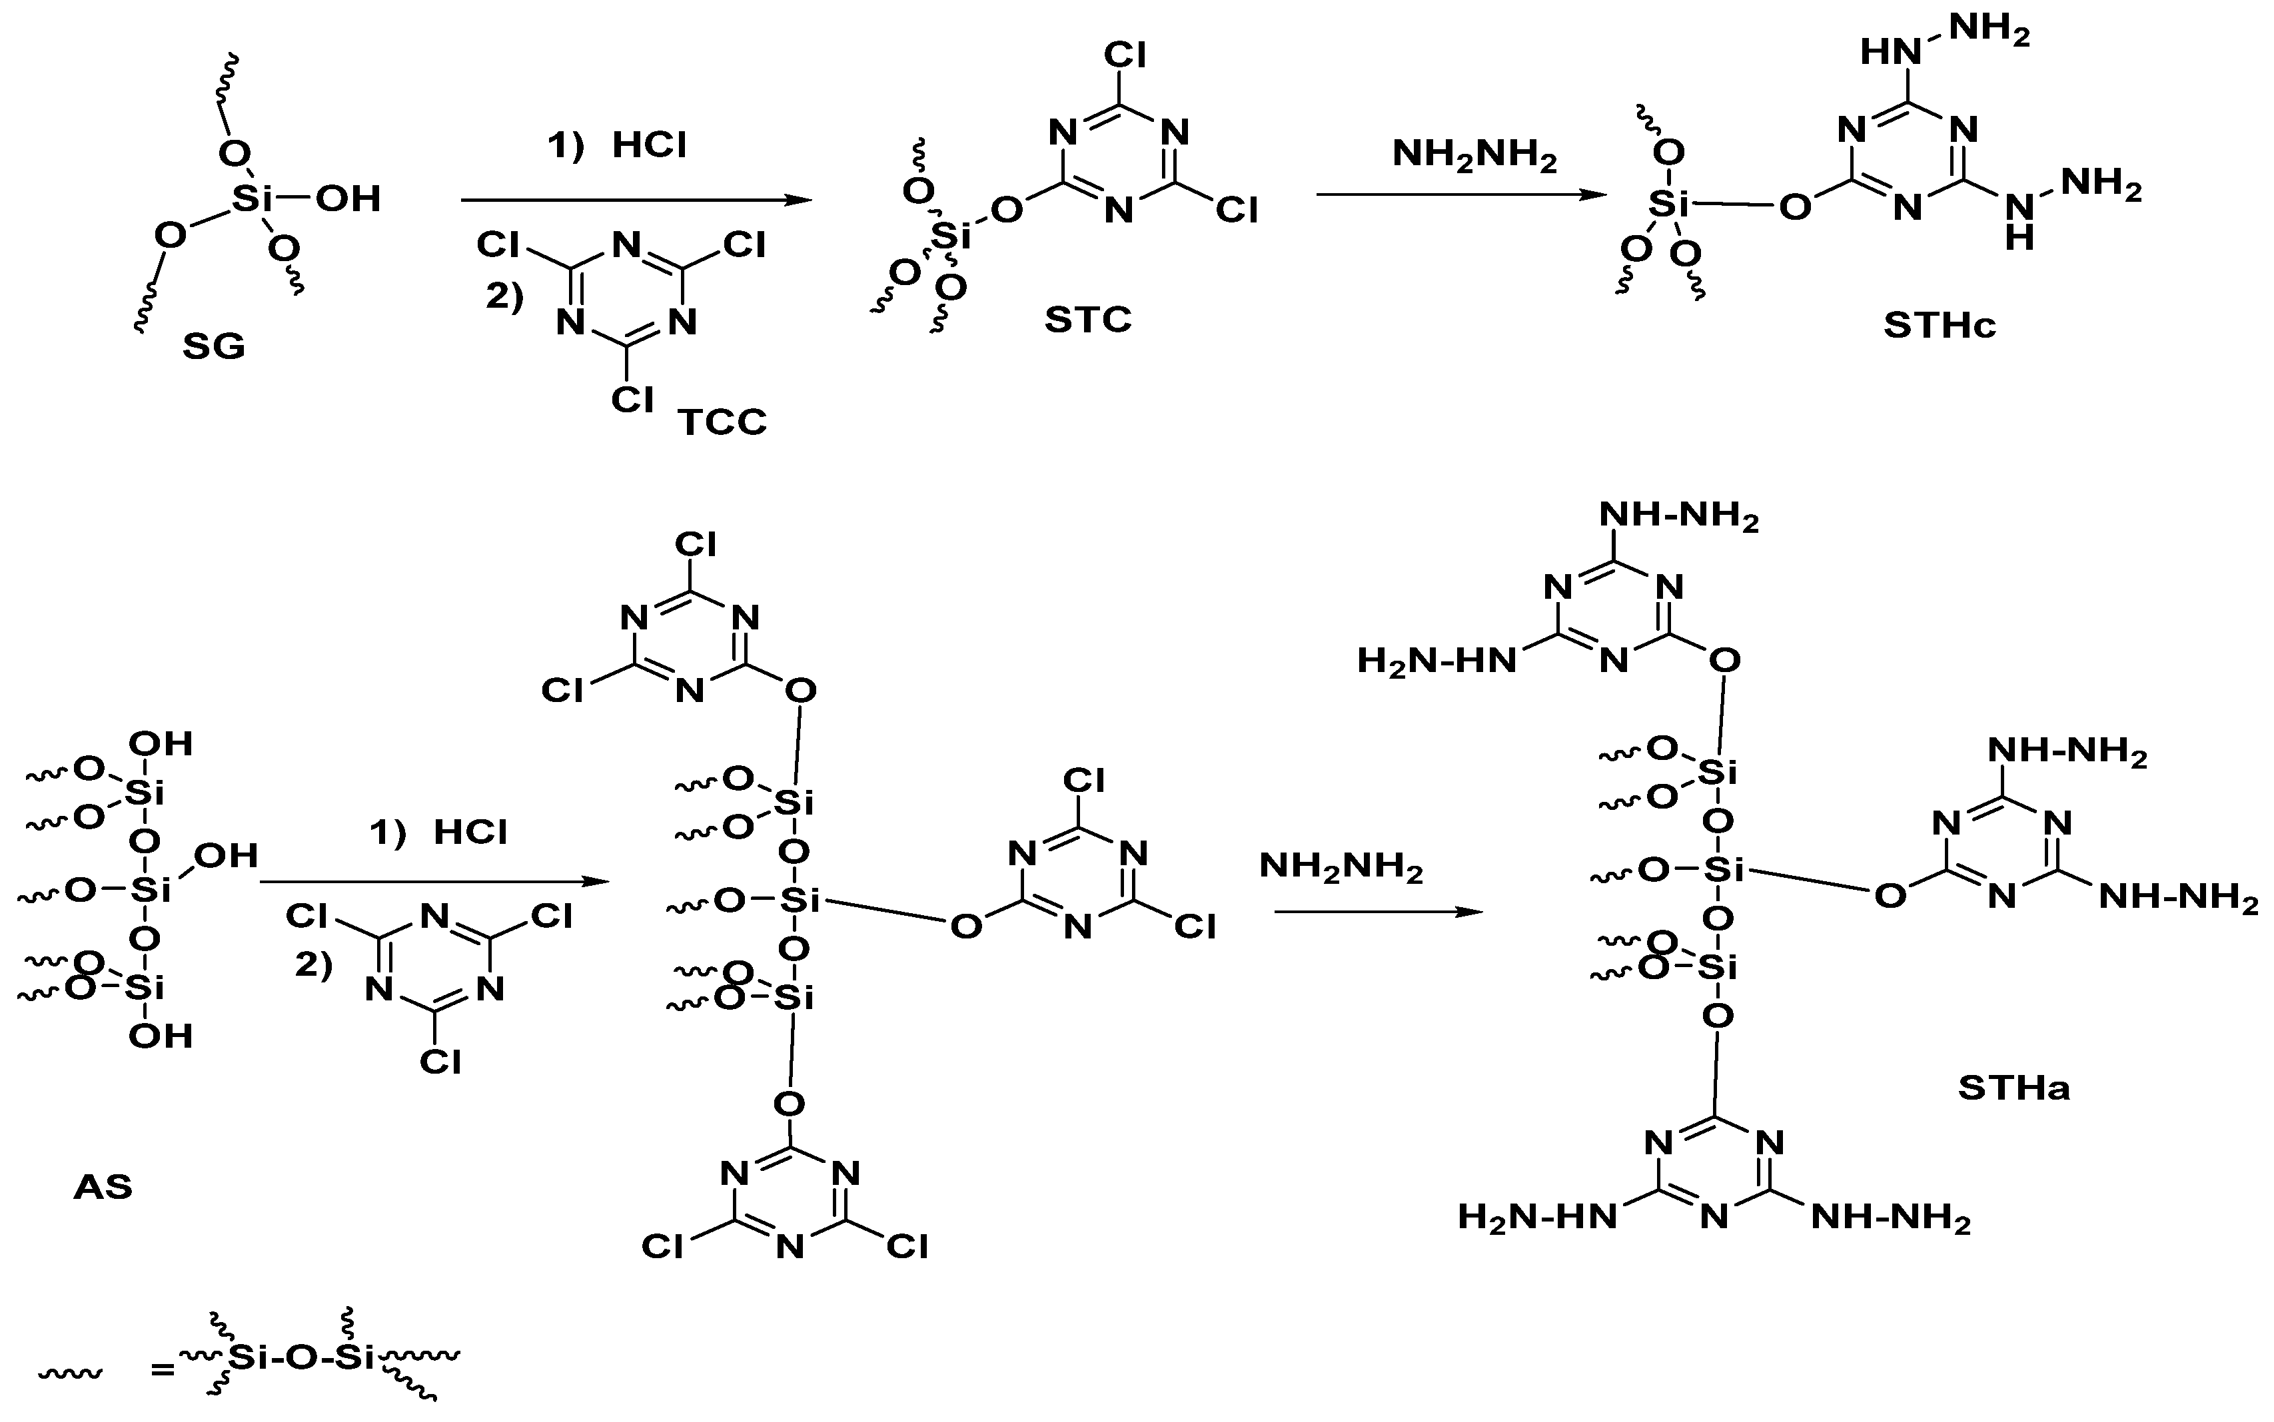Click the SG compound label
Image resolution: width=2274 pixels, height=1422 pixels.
click(214, 347)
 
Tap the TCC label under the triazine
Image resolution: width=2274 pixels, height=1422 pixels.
click(722, 422)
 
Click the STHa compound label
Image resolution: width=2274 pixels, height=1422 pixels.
click(2013, 1088)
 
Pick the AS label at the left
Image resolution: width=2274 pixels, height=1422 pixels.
click(103, 1187)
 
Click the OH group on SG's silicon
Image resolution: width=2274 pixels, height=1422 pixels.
click(347, 198)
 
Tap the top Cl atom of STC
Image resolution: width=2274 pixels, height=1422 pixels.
click(1125, 55)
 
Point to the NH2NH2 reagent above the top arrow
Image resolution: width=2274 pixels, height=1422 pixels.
click(1474, 155)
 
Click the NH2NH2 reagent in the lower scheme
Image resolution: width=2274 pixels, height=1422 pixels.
click(1341, 867)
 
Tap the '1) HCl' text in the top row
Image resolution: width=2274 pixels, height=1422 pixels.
click(617, 146)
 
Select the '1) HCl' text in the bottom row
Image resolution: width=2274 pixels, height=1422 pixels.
click(438, 833)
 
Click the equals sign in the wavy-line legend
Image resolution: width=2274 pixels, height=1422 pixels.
click(163, 1369)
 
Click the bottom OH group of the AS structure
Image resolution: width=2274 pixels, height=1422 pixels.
click(161, 1036)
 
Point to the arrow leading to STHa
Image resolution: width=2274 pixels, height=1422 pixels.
click(1379, 911)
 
